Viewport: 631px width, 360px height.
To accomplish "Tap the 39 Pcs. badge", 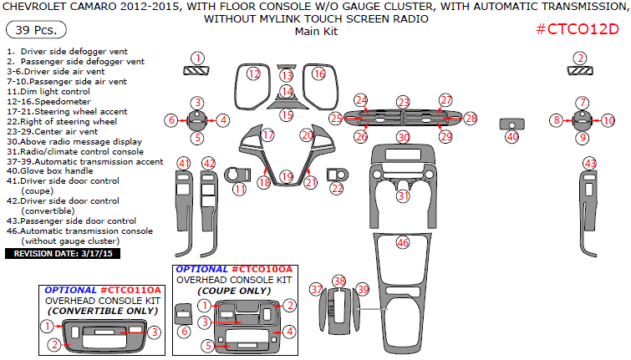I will click(31, 31).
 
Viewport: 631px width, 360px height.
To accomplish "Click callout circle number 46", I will click(403, 243).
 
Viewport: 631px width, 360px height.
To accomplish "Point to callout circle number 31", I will click(403, 196).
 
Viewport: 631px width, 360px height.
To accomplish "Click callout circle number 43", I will click(590, 163).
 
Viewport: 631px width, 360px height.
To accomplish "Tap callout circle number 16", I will click(318, 74).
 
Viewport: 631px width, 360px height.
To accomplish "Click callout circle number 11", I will click(240, 189).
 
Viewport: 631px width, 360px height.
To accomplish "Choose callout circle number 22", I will click(336, 189).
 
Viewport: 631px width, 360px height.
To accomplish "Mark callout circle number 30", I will click(403, 137).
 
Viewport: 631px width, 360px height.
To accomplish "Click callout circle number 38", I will click(338, 281).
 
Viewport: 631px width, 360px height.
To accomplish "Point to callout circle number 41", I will click(184, 162).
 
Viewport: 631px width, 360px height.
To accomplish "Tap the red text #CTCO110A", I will click(135, 289).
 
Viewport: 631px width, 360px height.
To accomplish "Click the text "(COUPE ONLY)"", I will click(234, 291).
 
